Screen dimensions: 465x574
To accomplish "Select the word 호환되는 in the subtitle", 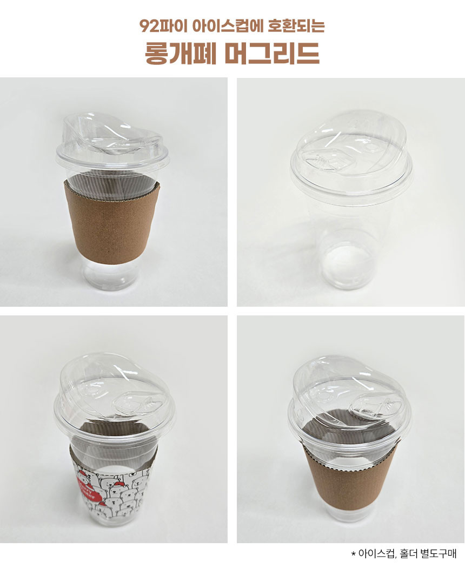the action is [296, 25].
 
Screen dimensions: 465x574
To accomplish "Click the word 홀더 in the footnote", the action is [409, 553].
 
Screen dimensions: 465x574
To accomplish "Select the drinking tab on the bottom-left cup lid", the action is [137, 403].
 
